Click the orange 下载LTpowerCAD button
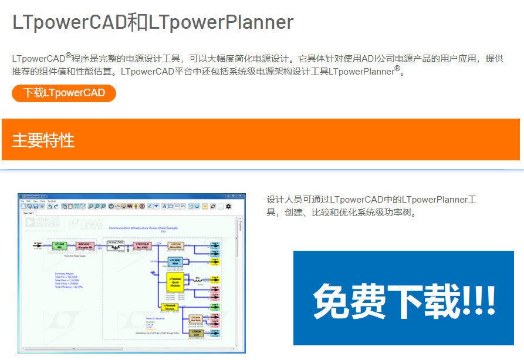[x=64, y=93]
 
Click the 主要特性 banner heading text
[x=43, y=140]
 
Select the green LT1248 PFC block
[x=59, y=245]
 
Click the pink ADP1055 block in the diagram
[x=87, y=245]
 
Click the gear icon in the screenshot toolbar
[x=228, y=207]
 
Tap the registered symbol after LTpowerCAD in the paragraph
[x=69, y=56]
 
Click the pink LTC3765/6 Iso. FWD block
[x=143, y=245]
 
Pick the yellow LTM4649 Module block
[x=168, y=306]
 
